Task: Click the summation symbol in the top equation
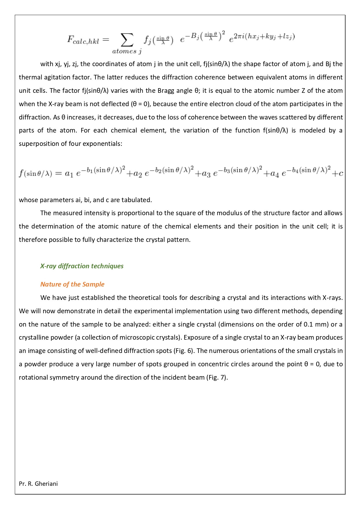127,40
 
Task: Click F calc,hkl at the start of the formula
83,40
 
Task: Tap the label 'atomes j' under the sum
127,51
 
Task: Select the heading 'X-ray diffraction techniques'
82,266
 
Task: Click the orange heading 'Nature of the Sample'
72,284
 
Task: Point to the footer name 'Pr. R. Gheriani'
38,483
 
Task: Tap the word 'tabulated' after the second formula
136,200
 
